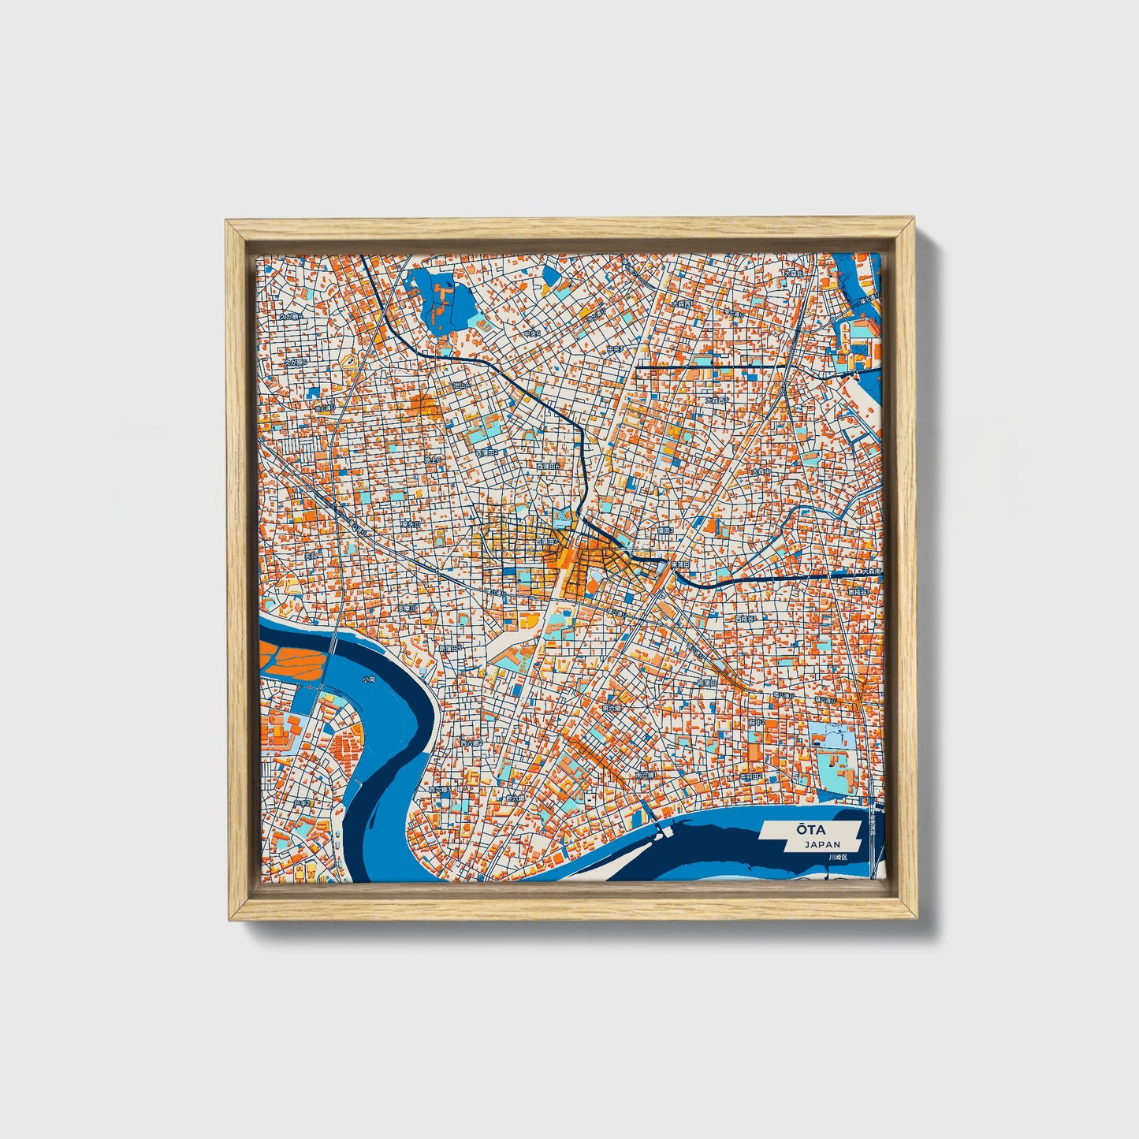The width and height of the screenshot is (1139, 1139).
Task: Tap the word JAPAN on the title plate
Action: [x=822, y=844]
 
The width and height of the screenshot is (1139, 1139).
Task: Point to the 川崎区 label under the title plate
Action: [x=837, y=858]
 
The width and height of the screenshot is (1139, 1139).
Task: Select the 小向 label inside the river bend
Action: [x=369, y=679]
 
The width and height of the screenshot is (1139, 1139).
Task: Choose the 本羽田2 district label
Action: [x=750, y=776]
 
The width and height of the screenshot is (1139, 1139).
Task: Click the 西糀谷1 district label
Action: [x=745, y=619]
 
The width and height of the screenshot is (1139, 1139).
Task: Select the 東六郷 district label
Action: [x=611, y=708]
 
